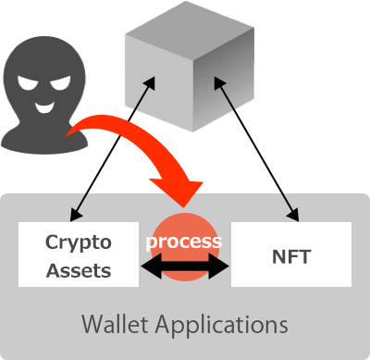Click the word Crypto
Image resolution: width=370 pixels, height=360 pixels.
coord(79,242)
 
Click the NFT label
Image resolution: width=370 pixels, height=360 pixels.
coord(290,255)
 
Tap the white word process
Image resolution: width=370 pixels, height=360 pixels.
coord(184,242)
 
